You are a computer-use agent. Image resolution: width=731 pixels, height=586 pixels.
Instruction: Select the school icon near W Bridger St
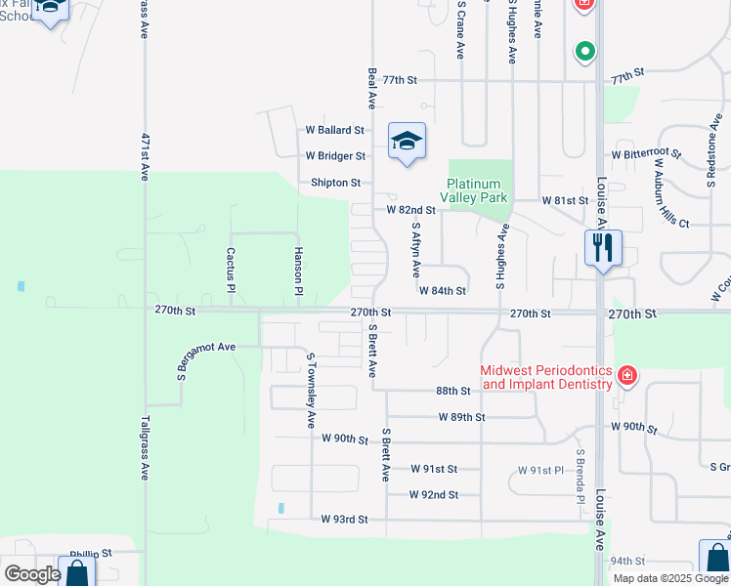(x=407, y=143)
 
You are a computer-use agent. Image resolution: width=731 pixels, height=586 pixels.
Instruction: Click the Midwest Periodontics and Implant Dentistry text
(x=546, y=377)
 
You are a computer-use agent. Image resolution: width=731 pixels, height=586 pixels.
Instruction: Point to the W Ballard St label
(x=335, y=129)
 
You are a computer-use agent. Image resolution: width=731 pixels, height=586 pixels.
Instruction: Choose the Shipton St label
(x=335, y=183)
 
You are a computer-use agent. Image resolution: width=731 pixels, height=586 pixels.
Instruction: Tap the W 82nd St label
(x=410, y=210)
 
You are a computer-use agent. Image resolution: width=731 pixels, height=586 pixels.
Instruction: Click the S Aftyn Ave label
(x=416, y=248)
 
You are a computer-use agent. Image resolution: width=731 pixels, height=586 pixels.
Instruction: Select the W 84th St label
(x=442, y=290)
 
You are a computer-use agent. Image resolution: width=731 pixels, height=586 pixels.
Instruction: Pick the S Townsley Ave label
(x=311, y=391)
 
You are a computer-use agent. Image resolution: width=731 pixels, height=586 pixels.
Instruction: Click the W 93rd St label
(x=344, y=520)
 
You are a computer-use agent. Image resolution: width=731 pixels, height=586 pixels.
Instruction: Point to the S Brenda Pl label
(x=580, y=477)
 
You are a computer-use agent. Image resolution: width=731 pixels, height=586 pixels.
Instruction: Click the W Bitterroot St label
(x=646, y=153)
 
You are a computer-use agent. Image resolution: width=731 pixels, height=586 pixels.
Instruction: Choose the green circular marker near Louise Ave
(x=584, y=51)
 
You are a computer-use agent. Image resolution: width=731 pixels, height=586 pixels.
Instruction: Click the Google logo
(x=32, y=574)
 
